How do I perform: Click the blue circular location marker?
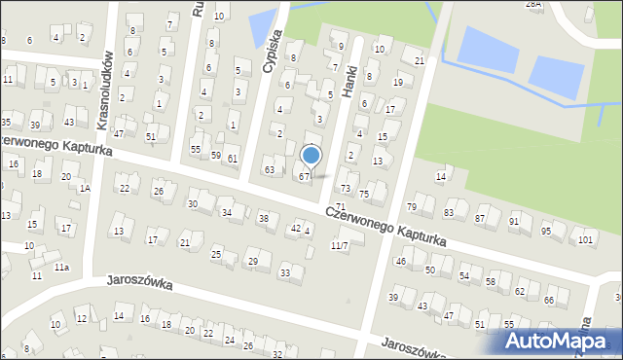click(311, 155)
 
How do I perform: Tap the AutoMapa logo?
click(560, 341)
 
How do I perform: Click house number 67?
click(304, 176)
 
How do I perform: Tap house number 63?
click(270, 170)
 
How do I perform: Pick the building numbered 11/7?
click(338, 245)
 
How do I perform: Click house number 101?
click(584, 239)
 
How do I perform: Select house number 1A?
click(85, 188)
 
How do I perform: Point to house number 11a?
click(62, 267)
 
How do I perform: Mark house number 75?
click(364, 195)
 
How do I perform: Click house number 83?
click(449, 213)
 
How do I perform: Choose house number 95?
click(546, 231)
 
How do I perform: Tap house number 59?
click(215, 156)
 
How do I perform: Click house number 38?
click(263, 219)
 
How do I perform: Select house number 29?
click(253, 261)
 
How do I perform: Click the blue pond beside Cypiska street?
click(260, 29)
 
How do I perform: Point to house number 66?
click(550, 301)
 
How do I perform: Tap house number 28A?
click(533, 4)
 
